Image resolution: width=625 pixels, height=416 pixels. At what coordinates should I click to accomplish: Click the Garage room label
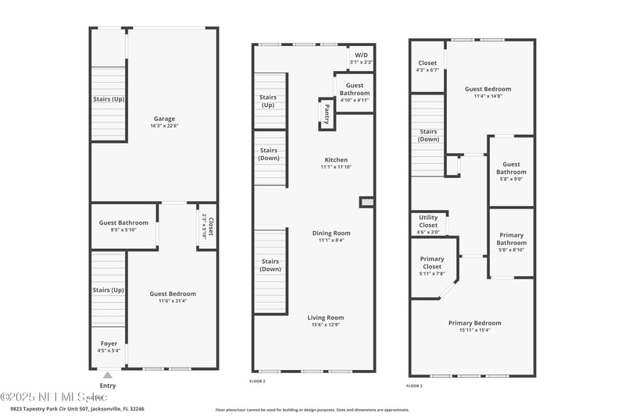click(164, 119)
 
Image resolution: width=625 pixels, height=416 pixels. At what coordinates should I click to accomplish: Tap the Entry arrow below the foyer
click(107, 375)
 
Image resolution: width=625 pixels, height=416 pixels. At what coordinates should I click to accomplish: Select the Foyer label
click(109, 343)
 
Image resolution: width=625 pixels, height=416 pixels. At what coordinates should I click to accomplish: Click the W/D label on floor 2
click(361, 55)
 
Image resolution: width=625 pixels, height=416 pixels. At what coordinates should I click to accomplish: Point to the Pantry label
click(327, 114)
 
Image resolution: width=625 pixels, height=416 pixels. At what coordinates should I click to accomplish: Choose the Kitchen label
click(336, 160)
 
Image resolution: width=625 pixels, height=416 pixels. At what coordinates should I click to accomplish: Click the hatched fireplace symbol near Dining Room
click(367, 202)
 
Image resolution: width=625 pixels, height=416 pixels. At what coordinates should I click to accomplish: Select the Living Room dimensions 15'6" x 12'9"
click(326, 325)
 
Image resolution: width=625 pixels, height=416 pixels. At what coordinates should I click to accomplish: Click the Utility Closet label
click(428, 221)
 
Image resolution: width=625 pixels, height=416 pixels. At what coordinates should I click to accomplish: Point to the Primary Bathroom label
click(512, 239)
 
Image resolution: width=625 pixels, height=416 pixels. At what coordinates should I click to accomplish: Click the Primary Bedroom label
click(474, 322)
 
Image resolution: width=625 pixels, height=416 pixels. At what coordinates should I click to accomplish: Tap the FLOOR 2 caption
click(258, 381)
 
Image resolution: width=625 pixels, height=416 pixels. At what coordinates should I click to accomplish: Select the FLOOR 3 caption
click(414, 386)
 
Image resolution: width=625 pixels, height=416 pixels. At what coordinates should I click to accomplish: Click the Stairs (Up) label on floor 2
click(268, 101)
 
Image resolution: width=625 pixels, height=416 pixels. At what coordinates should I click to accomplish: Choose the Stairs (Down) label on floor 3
click(428, 135)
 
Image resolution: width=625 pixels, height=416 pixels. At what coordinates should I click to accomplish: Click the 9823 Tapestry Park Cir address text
click(77, 408)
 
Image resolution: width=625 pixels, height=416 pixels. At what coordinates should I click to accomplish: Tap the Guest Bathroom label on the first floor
click(123, 222)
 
